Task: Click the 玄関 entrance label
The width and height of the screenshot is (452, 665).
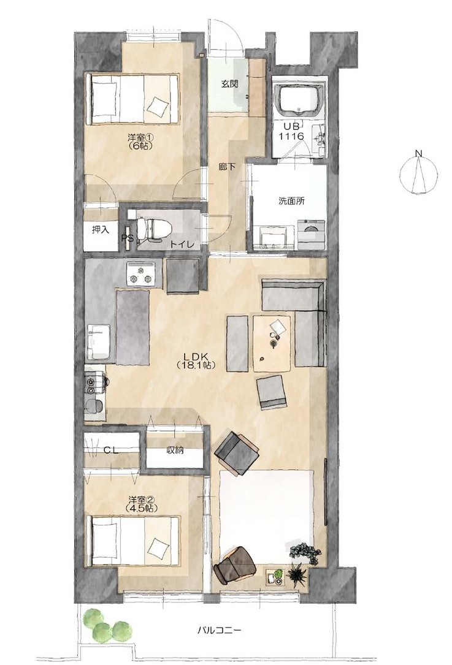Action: point(229,83)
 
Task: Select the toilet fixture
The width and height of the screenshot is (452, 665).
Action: point(153,229)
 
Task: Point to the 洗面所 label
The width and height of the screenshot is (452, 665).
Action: point(291,202)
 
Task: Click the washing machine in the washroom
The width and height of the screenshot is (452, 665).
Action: point(312,235)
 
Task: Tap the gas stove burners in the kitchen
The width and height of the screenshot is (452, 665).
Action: point(140,274)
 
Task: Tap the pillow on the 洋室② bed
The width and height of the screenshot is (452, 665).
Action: point(157,547)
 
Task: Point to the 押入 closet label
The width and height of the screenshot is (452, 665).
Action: point(101,229)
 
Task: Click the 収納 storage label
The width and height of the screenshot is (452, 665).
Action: point(175,451)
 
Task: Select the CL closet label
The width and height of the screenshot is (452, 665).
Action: point(111,451)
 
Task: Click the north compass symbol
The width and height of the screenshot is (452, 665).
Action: point(418,173)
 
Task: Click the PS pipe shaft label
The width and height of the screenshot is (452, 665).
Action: point(128,238)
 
